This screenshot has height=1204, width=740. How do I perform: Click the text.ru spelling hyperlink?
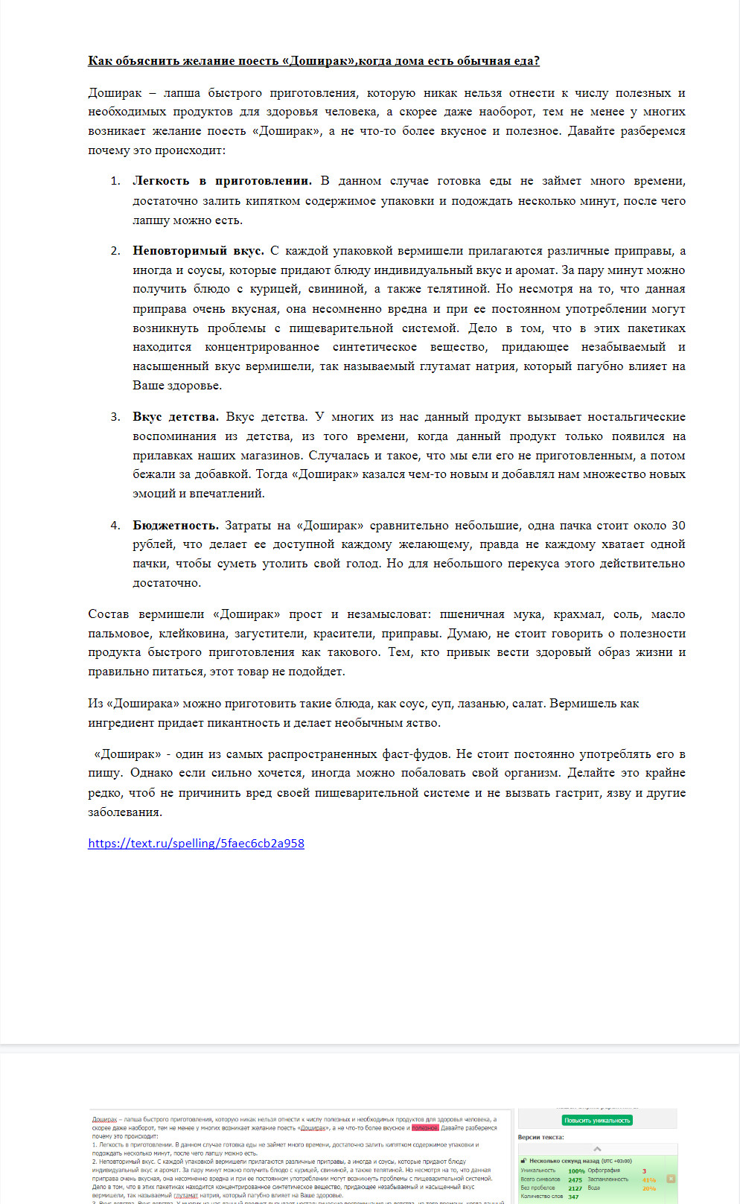[x=196, y=843]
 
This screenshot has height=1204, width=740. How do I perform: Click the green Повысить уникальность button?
[x=597, y=1120]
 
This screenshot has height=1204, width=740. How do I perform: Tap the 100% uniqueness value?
[x=576, y=1171]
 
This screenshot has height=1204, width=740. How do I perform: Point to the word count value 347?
[x=573, y=1197]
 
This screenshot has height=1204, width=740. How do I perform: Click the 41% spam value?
[x=648, y=1179]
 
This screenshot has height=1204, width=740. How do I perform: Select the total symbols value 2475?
[x=575, y=1180]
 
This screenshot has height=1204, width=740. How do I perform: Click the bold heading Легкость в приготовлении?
[x=222, y=181]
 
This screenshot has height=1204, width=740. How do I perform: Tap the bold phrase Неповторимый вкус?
[x=198, y=251]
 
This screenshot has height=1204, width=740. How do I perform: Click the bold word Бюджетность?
[x=175, y=525]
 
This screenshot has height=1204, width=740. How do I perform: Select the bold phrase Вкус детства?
[x=176, y=417]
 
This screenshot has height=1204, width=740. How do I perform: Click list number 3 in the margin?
[x=115, y=417]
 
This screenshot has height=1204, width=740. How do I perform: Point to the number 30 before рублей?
[x=677, y=525]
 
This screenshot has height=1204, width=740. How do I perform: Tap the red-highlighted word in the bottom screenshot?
[x=425, y=1128]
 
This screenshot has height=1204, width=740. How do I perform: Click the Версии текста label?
[x=541, y=1138]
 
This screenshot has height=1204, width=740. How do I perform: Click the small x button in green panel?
[x=671, y=1179]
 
